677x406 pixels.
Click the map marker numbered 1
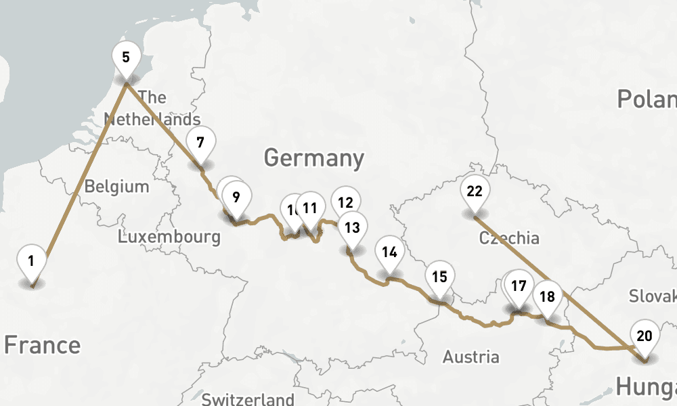coord(31,261)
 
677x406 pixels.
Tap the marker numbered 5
coord(126,57)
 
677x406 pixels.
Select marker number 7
coord(200,143)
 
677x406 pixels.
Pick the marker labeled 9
coord(236,198)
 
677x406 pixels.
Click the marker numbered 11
coord(311,208)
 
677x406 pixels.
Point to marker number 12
coord(346,202)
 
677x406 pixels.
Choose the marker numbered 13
coord(352,227)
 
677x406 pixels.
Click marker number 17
coord(519,286)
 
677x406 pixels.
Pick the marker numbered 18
coord(547,296)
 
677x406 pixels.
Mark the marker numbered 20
coord(645,336)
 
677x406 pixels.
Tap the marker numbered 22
coord(475,191)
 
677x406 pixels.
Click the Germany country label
coord(314,158)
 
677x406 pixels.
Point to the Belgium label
coord(116,186)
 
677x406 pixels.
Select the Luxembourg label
coord(169,237)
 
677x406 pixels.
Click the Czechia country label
coord(509,238)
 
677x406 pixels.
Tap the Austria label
coord(471,357)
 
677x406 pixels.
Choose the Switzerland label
coord(248,399)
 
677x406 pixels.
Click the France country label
coord(42,344)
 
